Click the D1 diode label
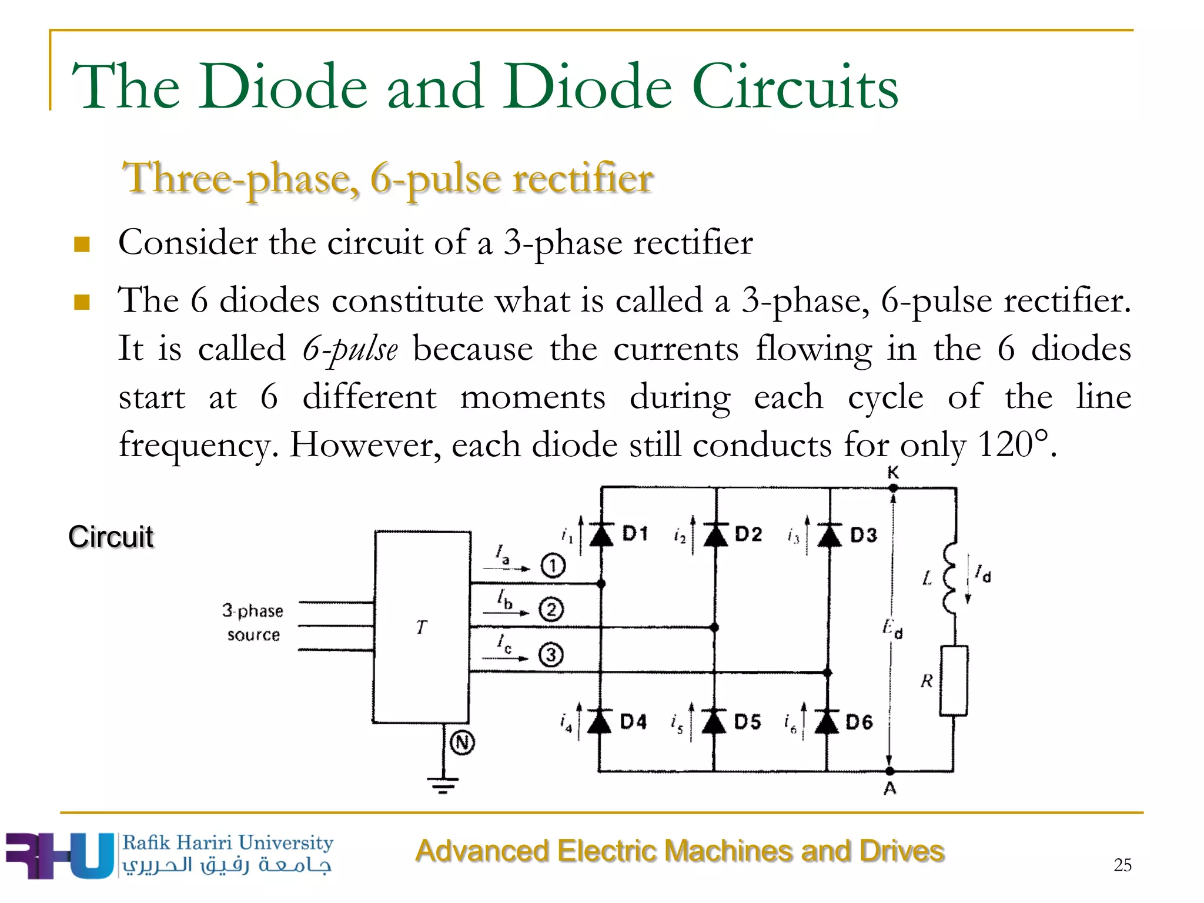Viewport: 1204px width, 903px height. pos(635,534)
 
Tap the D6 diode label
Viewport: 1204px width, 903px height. pos(859,722)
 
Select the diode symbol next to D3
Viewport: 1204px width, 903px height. pos(830,536)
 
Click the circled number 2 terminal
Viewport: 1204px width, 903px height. pos(551,609)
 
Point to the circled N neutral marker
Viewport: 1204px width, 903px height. pos(462,743)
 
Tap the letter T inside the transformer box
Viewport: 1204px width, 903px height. pos(422,628)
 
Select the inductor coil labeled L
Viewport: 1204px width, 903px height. pos(949,579)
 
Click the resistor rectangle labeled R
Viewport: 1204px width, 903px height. pos(954,681)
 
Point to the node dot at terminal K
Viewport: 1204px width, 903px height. pos(893,487)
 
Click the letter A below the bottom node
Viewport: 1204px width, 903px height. pos(890,789)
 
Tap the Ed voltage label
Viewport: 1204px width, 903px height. pos(892,629)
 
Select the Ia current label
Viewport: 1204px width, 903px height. pos(502,554)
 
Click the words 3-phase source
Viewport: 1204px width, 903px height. pos(253,623)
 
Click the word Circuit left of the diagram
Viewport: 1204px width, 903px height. pos(111,537)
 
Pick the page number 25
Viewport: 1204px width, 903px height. pos(1122,865)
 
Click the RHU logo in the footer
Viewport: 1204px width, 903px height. pos(59,855)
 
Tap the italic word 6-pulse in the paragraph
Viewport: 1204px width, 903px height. pos(350,349)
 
